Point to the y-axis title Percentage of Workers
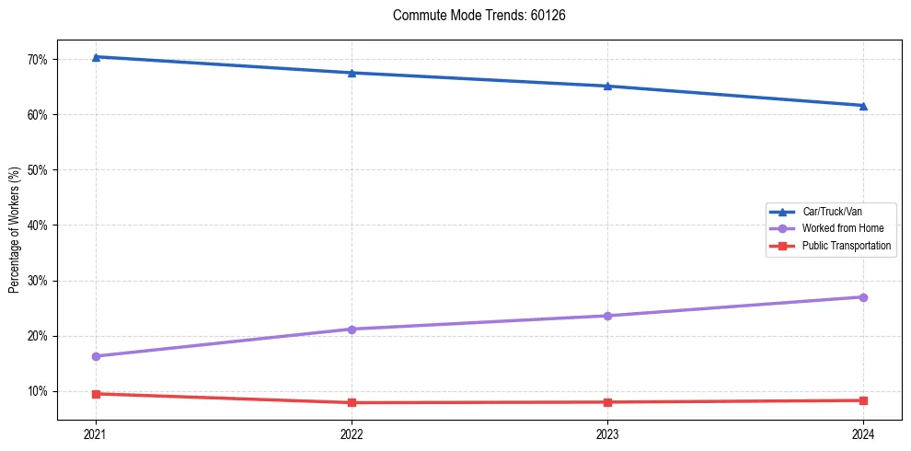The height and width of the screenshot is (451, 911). pos(15,230)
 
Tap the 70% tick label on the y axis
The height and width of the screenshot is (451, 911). pos(38,60)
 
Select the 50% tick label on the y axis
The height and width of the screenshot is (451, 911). pos(38,170)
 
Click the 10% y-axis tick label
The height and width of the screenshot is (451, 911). pos(38,391)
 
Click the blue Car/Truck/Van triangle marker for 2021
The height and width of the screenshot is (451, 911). pos(96,57)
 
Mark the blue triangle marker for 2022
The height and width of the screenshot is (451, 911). pos(352,73)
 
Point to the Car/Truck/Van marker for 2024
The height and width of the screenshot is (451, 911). pos(863,106)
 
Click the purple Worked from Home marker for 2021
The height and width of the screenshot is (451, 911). pos(96,356)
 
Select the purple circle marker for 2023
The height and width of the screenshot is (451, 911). pos(607,316)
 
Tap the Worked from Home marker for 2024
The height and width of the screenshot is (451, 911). pos(863,297)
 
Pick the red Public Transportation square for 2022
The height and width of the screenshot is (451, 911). pos(352,402)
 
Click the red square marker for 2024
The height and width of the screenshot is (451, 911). pos(863,400)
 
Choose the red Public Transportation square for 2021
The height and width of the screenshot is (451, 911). pos(96,394)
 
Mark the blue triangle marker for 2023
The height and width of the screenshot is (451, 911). pos(607,87)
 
